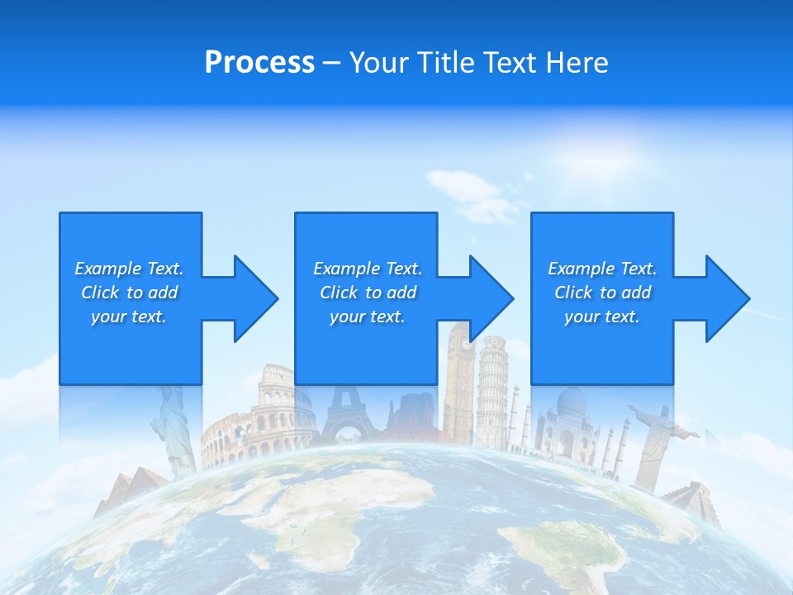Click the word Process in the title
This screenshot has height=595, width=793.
tap(259, 63)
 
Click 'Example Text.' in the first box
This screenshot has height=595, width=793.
tap(129, 269)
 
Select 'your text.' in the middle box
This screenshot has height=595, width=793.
tap(367, 317)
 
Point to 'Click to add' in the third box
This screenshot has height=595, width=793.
tap(602, 293)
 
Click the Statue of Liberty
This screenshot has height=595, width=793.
tap(174, 430)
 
